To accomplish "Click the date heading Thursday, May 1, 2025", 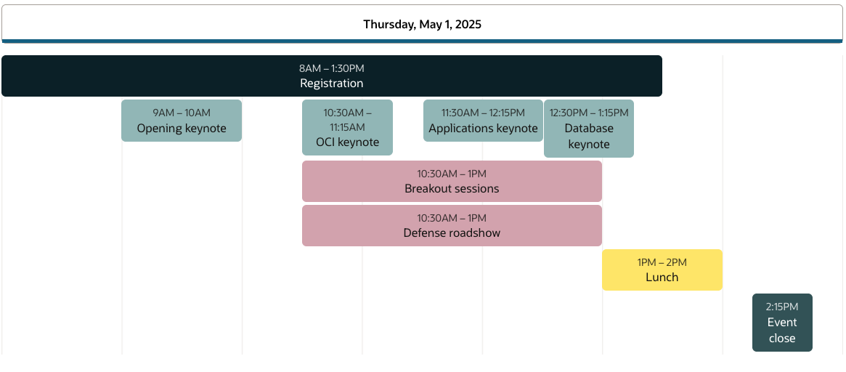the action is (x=422, y=24).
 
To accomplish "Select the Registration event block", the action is (x=332, y=76).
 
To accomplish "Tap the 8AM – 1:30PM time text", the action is (x=332, y=68).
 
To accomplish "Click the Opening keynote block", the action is (x=182, y=121).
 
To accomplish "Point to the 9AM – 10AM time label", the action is (x=182, y=113).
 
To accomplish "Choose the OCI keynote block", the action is (x=347, y=127).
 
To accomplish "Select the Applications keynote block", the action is (x=483, y=121).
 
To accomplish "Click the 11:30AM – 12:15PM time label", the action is (x=483, y=113).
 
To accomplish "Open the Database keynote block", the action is (x=589, y=129).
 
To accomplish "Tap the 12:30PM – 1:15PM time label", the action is (x=589, y=113).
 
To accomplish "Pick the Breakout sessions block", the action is (x=452, y=182).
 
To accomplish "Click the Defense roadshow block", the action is (x=452, y=226).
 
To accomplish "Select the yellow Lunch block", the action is (x=662, y=270).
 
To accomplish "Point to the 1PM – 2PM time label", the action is (x=662, y=262).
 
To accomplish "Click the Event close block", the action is (x=782, y=323).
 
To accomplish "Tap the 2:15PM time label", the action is (x=782, y=307).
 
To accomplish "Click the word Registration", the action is (x=332, y=84).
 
